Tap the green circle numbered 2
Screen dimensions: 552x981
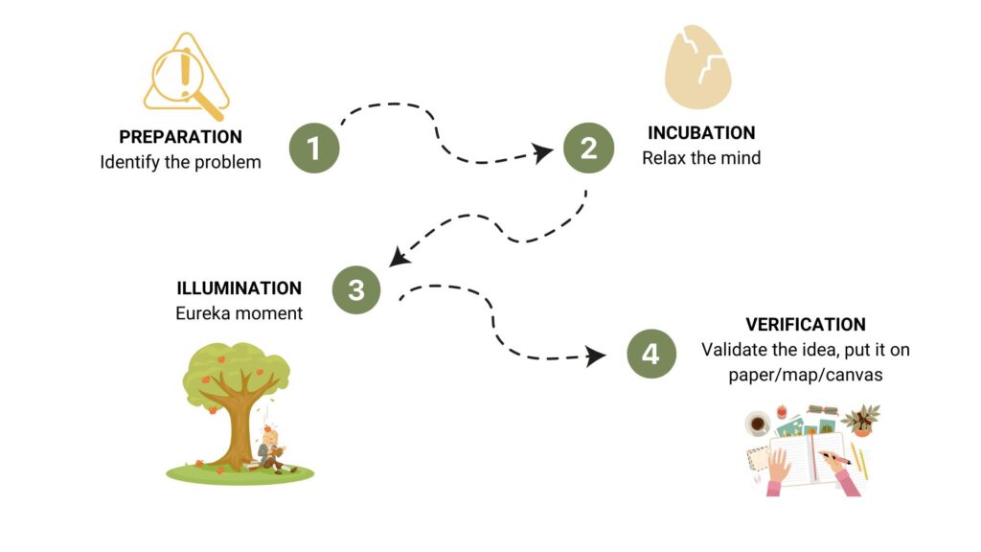click(587, 147)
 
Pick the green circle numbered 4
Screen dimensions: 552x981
click(650, 354)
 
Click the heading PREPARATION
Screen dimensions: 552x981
click(180, 137)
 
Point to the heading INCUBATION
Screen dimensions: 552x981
click(701, 133)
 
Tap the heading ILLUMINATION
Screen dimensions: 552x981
click(239, 287)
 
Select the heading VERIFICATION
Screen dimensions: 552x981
click(806, 325)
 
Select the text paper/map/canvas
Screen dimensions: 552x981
click(805, 375)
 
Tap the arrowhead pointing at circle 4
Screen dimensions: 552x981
click(597, 356)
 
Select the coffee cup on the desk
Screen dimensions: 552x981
click(758, 424)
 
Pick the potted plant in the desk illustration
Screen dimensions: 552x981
click(862, 419)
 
